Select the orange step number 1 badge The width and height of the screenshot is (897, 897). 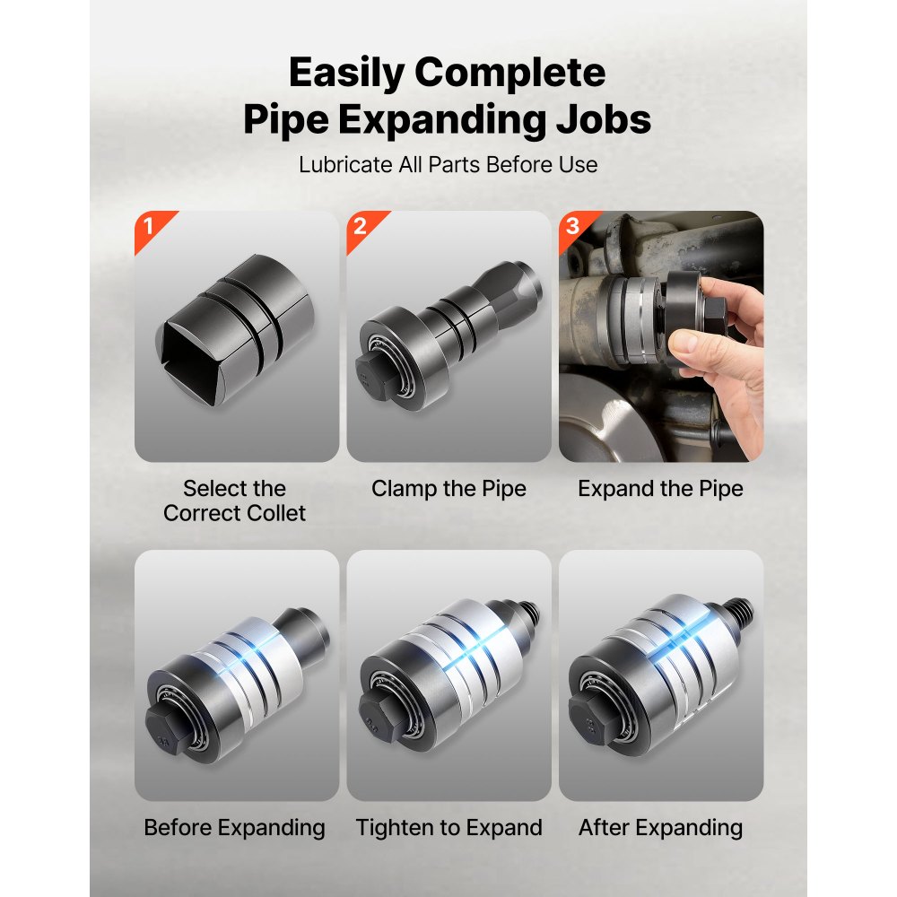click(x=148, y=224)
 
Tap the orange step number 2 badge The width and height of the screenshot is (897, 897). click(x=361, y=224)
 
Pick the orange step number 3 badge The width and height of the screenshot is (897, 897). click(x=572, y=224)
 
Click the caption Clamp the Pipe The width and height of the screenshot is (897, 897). click(x=448, y=489)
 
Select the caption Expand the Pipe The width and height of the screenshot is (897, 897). click(x=660, y=489)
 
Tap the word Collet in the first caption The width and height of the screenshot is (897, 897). click(x=271, y=513)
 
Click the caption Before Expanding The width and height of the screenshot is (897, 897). click(x=235, y=827)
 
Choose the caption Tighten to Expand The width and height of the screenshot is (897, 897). click(x=448, y=827)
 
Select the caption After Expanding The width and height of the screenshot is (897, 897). click(x=660, y=827)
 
